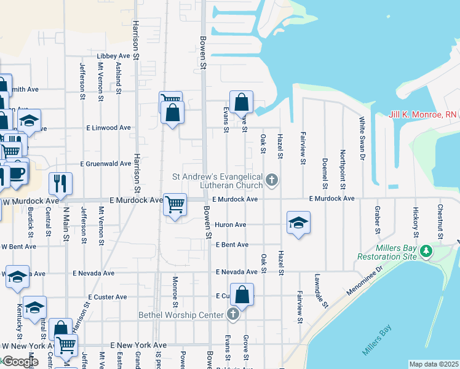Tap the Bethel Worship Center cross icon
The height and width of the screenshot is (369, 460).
point(232,315)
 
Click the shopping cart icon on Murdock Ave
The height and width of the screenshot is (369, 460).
point(175,204)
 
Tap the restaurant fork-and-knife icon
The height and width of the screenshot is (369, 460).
point(60,183)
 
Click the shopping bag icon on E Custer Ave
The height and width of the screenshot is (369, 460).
point(243,294)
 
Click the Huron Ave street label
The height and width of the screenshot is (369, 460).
point(231,225)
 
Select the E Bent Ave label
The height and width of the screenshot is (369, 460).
point(232,245)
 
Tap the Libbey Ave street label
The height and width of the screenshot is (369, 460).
point(114,56)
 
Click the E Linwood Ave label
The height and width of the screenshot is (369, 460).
point(108,128)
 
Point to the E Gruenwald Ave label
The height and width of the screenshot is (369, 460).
point(106,164)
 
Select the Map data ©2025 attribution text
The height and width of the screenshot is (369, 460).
point(434,364)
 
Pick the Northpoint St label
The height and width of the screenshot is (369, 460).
point(342,167)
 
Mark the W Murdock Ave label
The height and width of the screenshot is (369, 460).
point(31,201)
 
